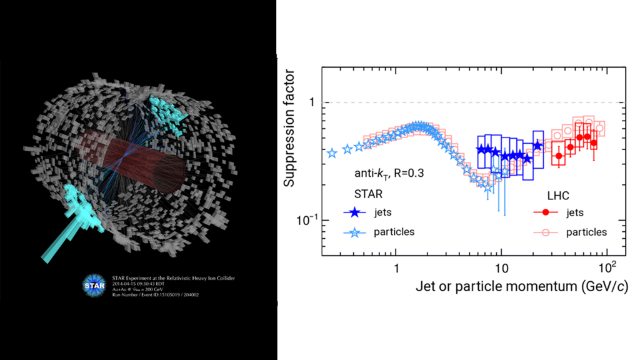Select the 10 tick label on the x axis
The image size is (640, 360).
[x=501, y=269]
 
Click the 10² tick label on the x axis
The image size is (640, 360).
[x=607, y=267]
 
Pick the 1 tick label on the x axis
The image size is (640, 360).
[x=396, y=269]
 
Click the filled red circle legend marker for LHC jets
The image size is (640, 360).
[x=546, y=212]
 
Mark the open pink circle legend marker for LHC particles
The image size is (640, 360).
[x=546, y=232]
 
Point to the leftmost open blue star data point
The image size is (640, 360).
[x=332, y=152]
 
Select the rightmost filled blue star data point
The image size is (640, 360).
[x=538, y=146]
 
